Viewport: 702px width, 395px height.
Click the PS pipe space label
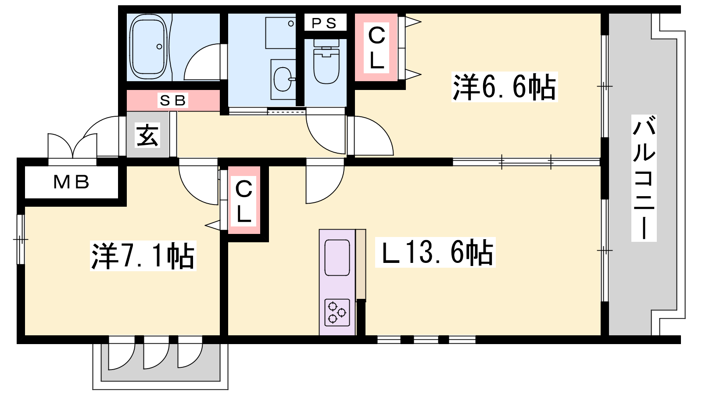[x=324, y=22]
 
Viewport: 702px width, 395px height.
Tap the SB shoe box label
[x=173, y=101]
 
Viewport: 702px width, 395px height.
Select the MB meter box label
[x=72, y=182]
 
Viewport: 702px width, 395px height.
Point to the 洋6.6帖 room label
[x=504, y=86]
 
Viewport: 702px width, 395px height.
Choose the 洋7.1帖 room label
[x=143, y=256]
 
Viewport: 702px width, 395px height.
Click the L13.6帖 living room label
[x=435, y=253]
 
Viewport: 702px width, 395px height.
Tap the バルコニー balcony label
[x=644, y=178]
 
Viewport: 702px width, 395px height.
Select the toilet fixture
[x=326, y=61]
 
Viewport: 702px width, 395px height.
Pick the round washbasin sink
[x=283, y=79]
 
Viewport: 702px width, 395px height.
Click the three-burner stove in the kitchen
[x=337, y=312]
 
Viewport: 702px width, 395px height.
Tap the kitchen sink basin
[x=337, y=258]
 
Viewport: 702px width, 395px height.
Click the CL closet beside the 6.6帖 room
[x=376, y=48]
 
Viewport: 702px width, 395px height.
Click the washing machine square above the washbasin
[x=281, y=33]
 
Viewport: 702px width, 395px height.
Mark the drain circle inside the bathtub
[x=159, y=47]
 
